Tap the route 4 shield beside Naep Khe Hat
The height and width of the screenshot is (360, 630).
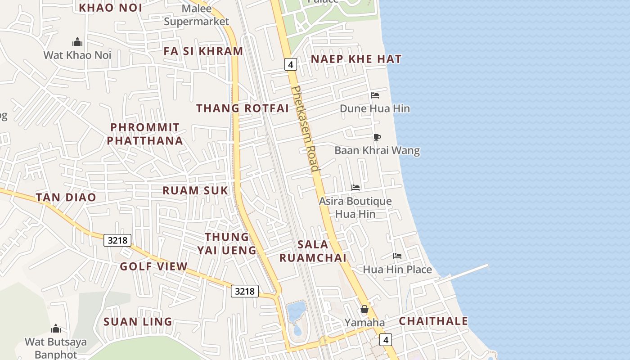tap(291, 64)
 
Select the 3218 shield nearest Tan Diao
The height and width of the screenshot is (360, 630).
tap(117, 240)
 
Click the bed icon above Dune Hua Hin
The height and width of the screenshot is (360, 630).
tap(375, 95)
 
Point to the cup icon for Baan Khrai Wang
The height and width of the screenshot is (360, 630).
tap(377, 137)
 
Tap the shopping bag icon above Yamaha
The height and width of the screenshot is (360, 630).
tap(364, 309)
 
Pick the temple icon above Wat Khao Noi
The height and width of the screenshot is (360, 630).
tap(77, 42)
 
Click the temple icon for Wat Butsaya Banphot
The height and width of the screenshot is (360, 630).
tap(56, 328)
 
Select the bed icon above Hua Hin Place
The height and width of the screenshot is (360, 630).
tap(397, 256)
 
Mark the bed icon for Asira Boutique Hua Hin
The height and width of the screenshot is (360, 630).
tap(355, 188)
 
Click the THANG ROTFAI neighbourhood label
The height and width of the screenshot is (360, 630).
tap(243, 108)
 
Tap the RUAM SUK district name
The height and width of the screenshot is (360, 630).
tap(195, 190)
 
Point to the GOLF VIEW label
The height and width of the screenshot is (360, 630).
tap(153, 266)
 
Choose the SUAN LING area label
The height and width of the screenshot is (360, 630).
tap(138, 322)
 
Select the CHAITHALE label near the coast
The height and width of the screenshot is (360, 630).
tap(433, 321)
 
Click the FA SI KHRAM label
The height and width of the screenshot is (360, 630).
tap(203, 51)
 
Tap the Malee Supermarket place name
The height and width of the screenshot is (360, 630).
tap(197, 15)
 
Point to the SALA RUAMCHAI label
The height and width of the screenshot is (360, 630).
tap(313, 251)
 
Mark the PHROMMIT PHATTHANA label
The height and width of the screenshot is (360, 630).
tap(145, 134)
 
